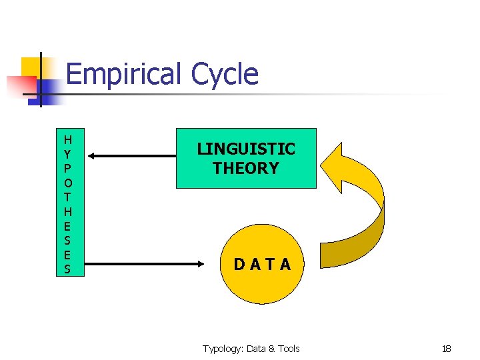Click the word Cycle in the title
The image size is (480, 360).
[224, 74]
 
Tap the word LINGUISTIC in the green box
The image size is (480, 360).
[246, 149]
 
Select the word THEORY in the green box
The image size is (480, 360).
[246, 168]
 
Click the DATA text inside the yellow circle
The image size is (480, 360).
[262, 265]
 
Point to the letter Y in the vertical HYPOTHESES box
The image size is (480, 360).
[67, 154]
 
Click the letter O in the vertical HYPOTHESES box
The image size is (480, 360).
[67, 182]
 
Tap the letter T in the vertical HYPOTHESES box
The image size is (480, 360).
[67, 197]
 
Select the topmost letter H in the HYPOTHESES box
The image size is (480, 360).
[67, 140]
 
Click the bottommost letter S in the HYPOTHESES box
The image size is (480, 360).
[67, 269]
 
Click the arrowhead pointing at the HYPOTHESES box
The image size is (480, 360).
[91, 156]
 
